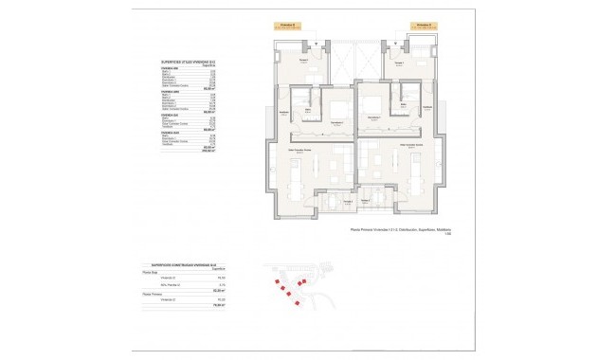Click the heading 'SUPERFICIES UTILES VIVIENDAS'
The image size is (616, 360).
pos(184,60)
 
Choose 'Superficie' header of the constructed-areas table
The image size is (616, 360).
pos(212,269)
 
